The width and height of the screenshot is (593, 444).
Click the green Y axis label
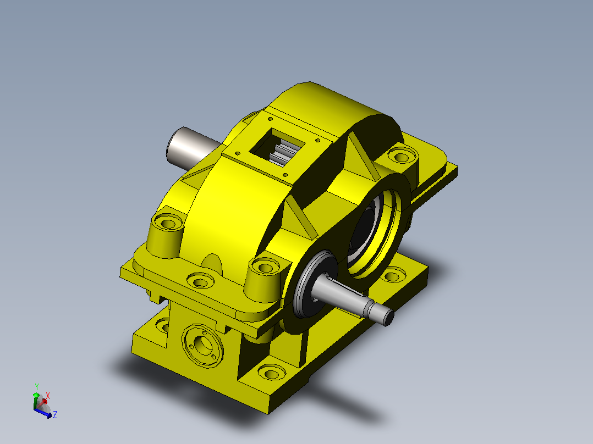click(x=37, y=387)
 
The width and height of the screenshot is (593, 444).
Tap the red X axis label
click(x=48, y=396)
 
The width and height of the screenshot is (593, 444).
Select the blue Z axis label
click(x=55, y=414)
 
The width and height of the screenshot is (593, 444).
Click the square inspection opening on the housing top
click(x=277, y=148)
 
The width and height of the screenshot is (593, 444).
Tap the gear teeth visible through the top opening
click(x=282, y=153)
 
